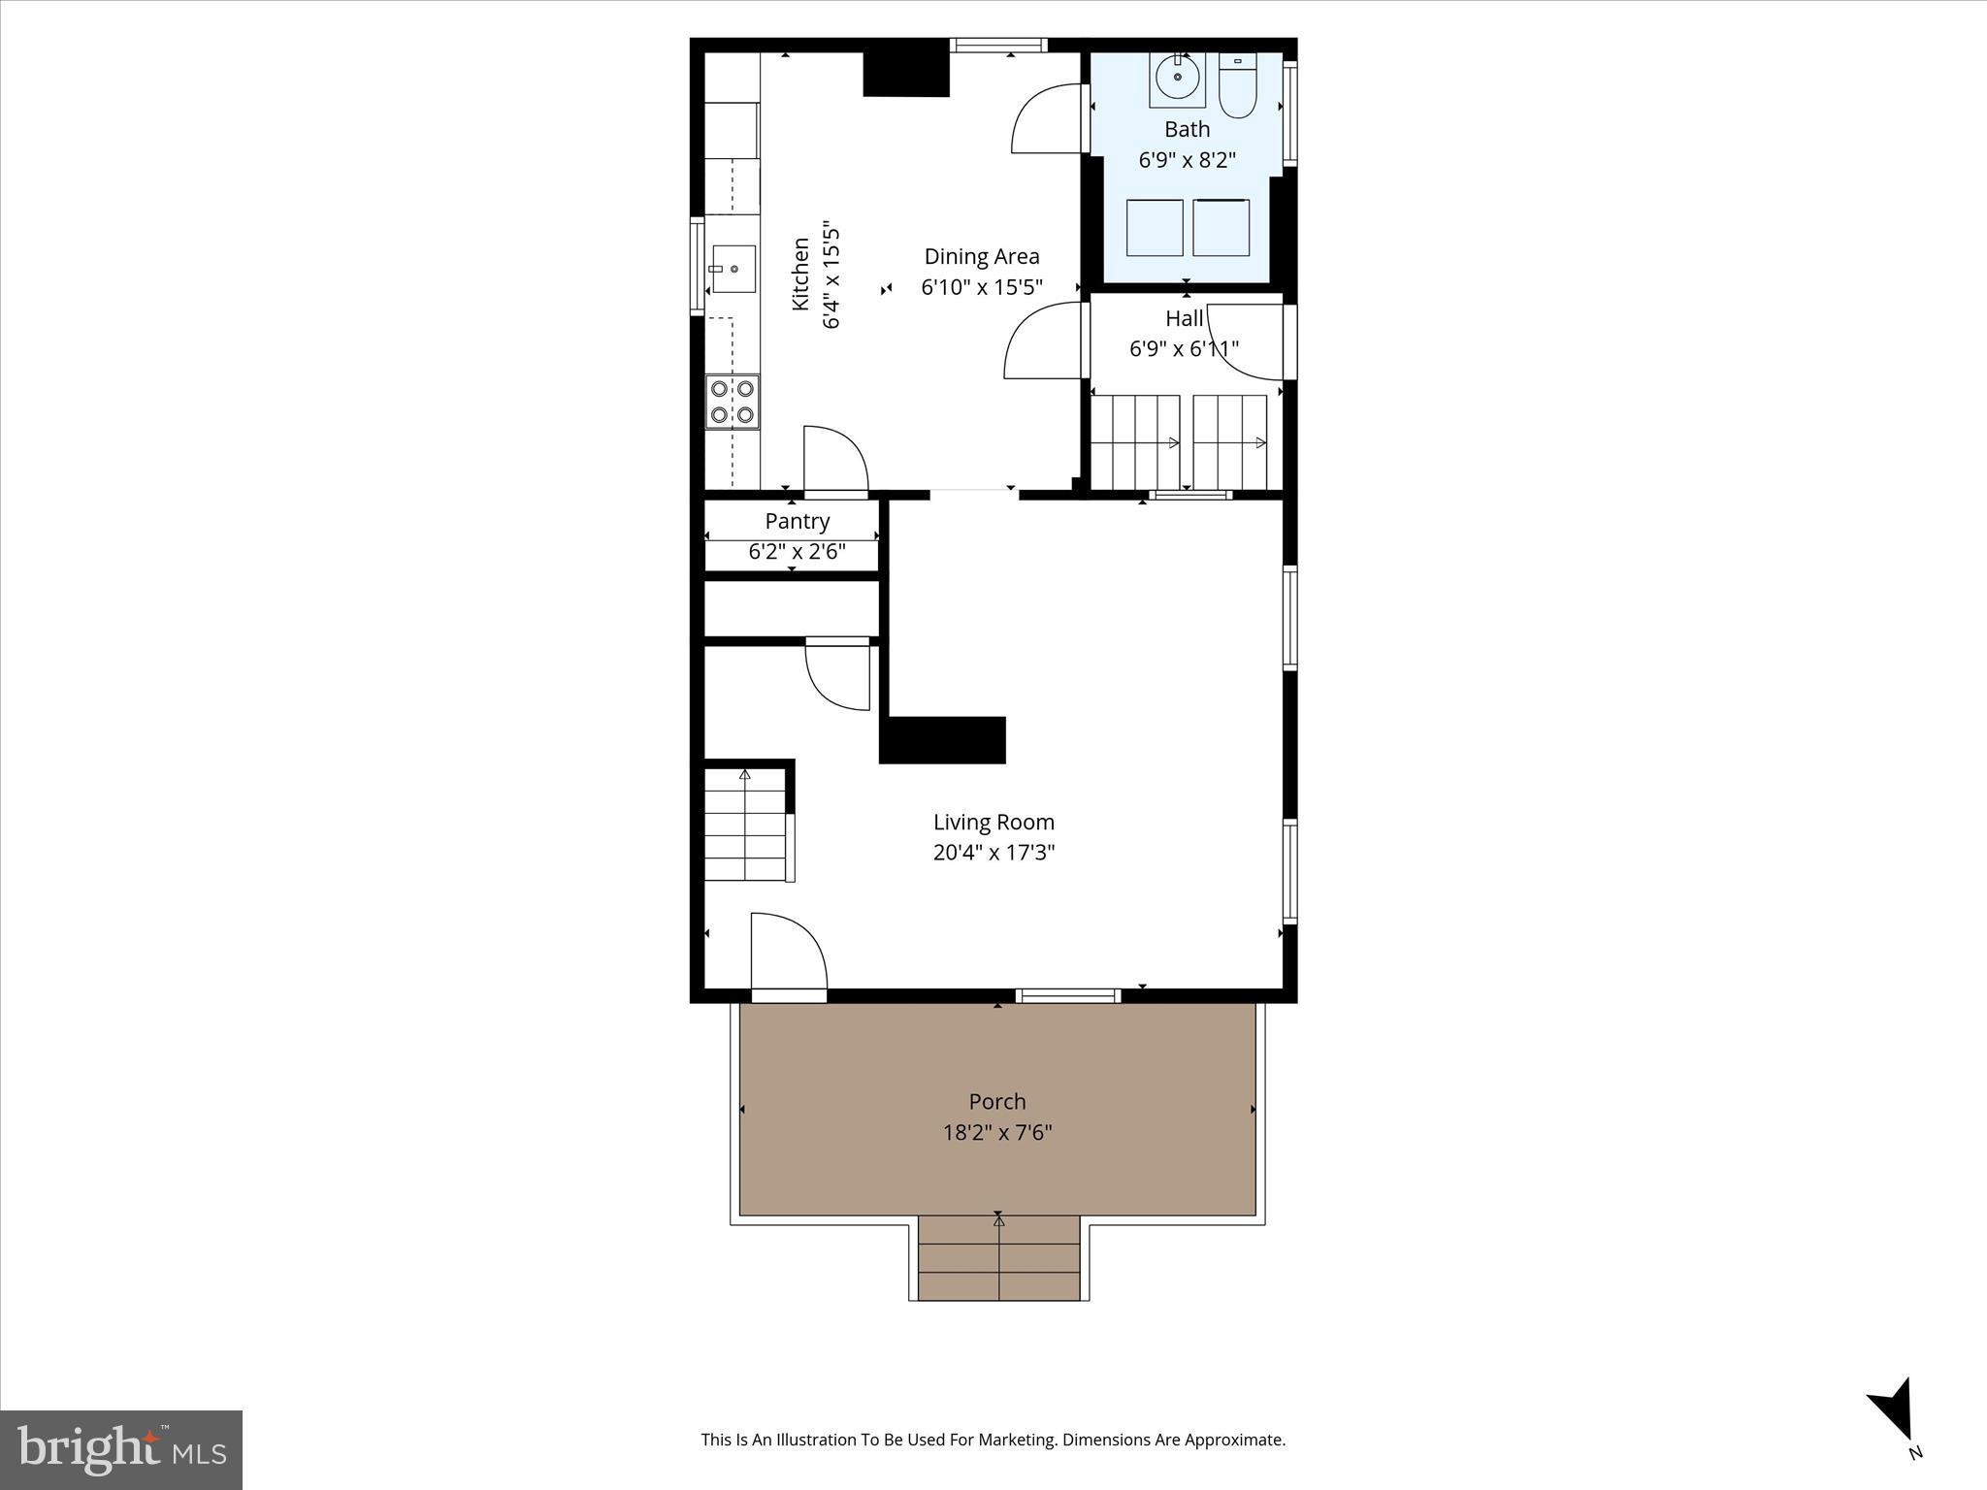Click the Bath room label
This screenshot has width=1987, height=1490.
1187,129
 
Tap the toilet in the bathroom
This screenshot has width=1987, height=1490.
1237,87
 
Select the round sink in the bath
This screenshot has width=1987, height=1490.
1178,78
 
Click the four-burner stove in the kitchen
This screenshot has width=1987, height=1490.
733,402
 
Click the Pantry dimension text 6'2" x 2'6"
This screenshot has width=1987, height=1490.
797,552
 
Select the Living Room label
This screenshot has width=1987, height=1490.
993,822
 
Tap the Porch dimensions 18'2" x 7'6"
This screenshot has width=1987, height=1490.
997,1132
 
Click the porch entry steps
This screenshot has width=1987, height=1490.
998,1258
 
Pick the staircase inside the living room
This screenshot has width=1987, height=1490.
745,825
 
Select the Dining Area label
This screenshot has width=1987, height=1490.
981,256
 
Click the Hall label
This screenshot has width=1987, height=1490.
1184,318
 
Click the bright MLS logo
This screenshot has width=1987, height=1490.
121,1449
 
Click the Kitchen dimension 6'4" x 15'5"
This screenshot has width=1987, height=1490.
831,277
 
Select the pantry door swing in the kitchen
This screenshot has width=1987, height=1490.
833,461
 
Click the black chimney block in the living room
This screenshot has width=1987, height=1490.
943,740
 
